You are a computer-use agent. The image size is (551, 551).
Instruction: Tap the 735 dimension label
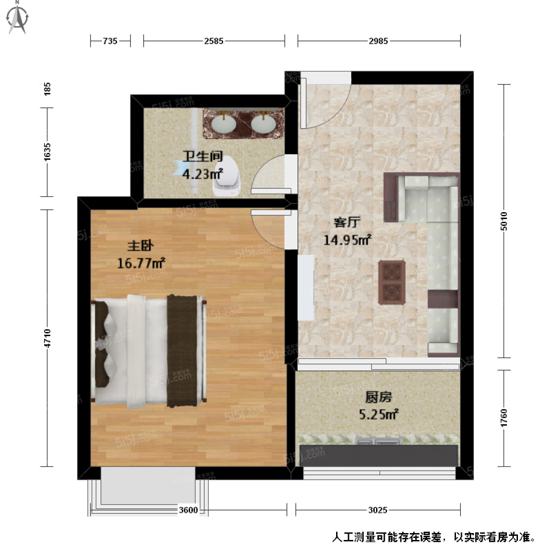110,41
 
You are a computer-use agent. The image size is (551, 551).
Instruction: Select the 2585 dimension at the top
214,41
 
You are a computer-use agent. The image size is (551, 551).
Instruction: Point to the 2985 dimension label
378,41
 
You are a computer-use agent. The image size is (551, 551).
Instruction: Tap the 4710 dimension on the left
47,338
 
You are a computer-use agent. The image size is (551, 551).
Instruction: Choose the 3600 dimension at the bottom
188,510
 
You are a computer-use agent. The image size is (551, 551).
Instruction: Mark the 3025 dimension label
378,510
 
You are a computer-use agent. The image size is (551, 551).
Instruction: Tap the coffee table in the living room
392,282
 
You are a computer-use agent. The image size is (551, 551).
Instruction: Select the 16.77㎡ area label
141,264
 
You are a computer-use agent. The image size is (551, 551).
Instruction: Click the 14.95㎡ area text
347,240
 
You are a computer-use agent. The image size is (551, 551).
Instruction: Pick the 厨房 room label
378,397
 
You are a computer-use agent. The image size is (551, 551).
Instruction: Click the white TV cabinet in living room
306,287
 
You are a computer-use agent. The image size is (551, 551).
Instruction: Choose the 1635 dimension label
47,152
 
